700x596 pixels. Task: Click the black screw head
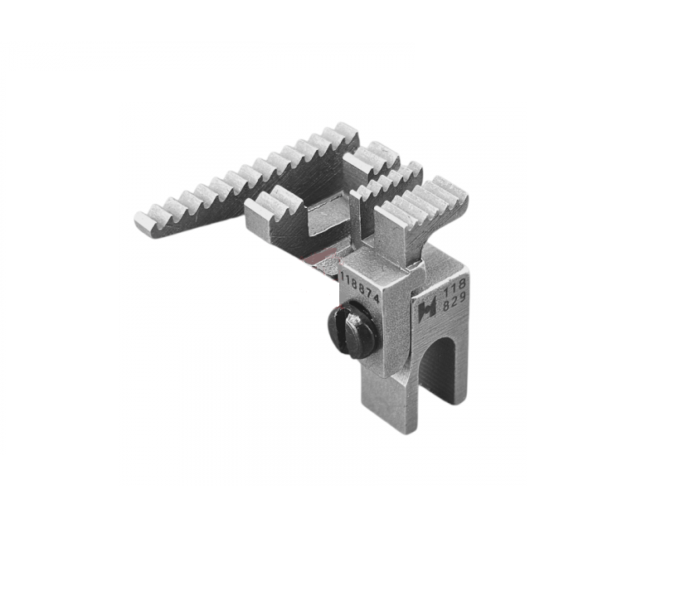point(352,331)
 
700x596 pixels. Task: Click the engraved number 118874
point(360,286)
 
